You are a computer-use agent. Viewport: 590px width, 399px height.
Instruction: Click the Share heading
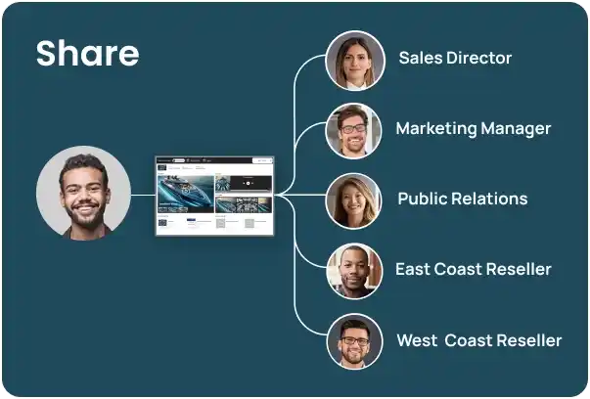(x=87, y=54)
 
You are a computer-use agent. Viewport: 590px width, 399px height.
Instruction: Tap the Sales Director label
(x=455, y=58)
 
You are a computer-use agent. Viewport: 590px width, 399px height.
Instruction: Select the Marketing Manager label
(x=473, y=128)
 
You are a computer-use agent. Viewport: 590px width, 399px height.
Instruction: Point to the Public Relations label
(x=462, y=199)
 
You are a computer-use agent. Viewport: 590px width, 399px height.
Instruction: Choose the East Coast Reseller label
(x=473, y=269)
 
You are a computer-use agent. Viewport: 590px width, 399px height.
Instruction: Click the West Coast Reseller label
(x=478, y=340)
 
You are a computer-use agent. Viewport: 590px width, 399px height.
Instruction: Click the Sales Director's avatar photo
(x=354, y=60)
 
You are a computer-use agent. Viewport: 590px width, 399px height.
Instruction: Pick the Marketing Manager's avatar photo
(x=354, y=130)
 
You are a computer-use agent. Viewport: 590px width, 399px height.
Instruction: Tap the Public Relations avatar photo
(x=354, y=200)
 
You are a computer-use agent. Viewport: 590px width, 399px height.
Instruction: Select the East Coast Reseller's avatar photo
(x=354, y=271)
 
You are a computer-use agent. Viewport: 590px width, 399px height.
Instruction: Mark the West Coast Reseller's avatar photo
(x=354, y=341)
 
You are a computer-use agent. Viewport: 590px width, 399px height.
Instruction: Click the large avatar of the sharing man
(x=84, y=195)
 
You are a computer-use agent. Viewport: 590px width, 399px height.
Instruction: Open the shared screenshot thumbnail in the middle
(x=214, y=195)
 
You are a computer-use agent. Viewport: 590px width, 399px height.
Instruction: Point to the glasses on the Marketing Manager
(x=353, y=128)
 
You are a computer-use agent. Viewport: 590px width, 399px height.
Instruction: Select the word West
(x=416, y=340)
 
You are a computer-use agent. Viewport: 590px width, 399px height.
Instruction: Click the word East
(x=413, y=269)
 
